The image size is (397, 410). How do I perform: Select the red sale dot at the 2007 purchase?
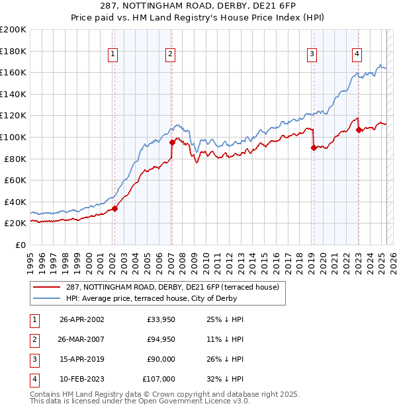click(171, 142)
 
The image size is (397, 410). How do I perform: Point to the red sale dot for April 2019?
click(313, 148)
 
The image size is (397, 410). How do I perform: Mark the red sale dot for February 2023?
click(358, 130)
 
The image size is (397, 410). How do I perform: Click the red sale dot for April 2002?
click(114, 208)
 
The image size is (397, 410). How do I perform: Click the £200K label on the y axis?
click(13, 30)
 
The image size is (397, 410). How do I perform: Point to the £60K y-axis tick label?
click(15, 180)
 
